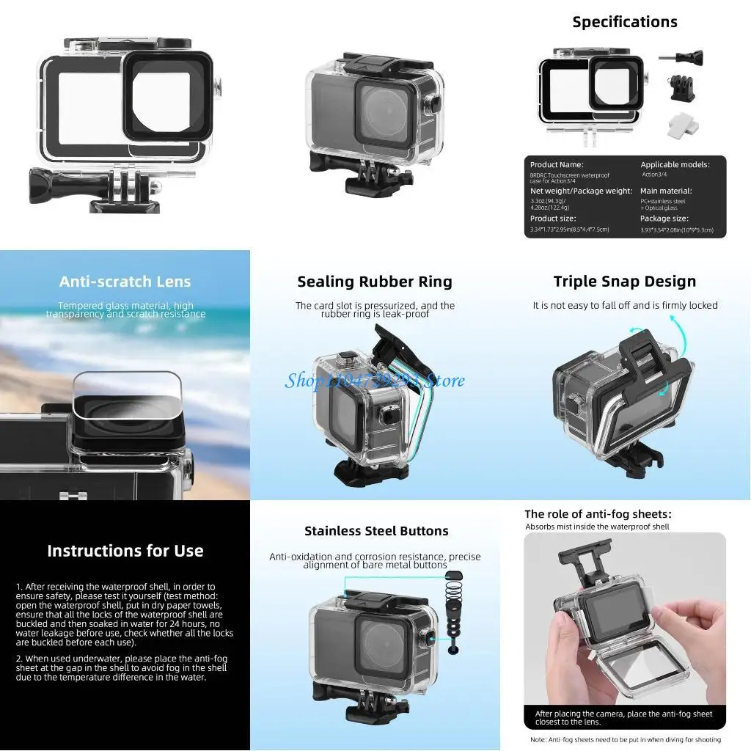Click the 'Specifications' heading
tap(625, 22)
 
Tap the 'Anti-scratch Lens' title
tap(125, 282)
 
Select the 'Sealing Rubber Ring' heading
tap(375, 282)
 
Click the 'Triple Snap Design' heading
tap(625, 282)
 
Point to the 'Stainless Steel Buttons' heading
tap(376, 531)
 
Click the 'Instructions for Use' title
tap(125, 551)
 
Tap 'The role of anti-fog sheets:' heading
tap(598, 514)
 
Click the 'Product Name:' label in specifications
tap(557, 165)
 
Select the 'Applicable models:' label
tap(675, 165)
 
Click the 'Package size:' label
tap(664, 219)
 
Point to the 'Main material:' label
tap(665, 191)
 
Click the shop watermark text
tap(375, 380)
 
